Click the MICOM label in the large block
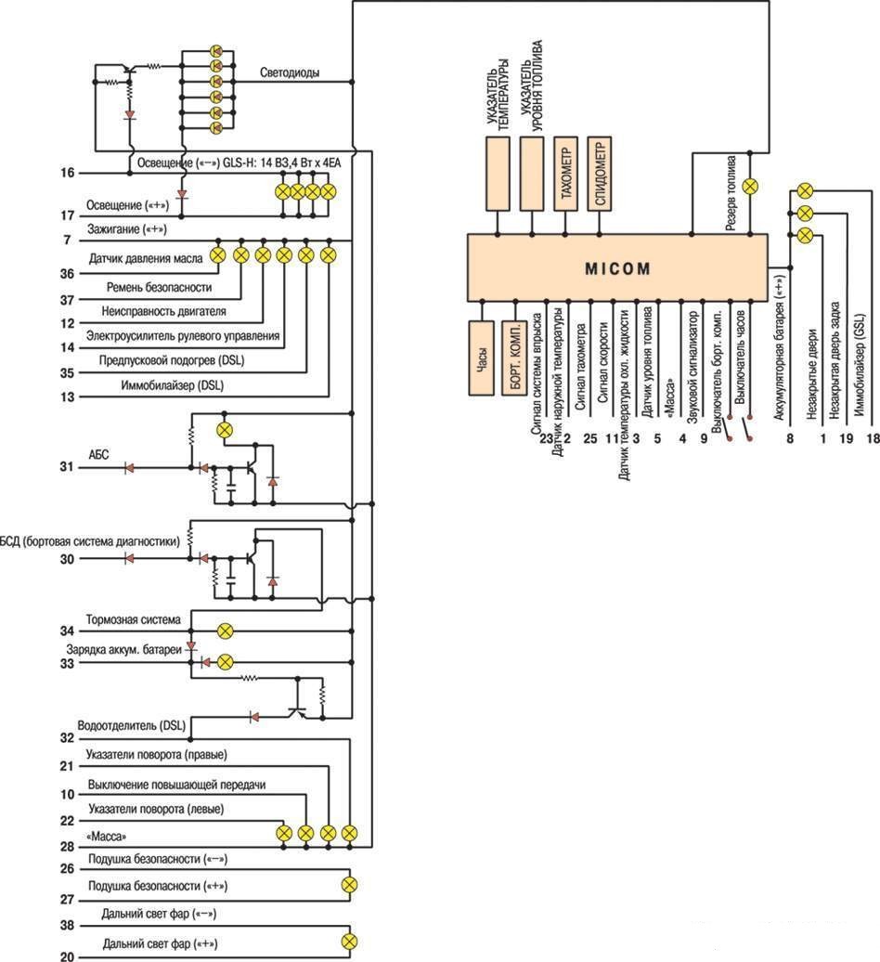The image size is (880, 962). pyautogui.click(x=617, y=268)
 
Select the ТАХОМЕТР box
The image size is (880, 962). pyautogui.click(x=565, y=174)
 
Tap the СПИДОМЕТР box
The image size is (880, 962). pyautogui.click(x=599, y=174)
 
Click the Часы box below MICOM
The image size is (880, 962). pyautogui.click(x=482, y=357)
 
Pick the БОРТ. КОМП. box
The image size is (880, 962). pyautogui.click(x=514, y=357)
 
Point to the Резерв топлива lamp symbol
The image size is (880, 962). pyautogui.click(x=749, y=187)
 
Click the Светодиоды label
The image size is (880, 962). pyautogui.click(x=290, y=72)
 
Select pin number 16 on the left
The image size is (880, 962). pyautogui.click(x=67, y=173)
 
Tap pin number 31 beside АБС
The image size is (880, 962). pyautogui.click(x=67, y=467)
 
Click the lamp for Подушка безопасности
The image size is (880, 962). pyautogui.click(x=349, y=885)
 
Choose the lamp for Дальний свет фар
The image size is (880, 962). pyautogui.click(x=349, y=942)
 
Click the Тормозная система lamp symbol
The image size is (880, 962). pyautogui.click(x=225, y=630)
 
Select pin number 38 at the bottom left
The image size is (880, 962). pyautogui.click(x=67, y=925)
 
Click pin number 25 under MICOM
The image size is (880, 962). pyautogui.click(x=590, y=438)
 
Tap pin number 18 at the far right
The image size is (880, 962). pyautogui.click(x=872, y=438)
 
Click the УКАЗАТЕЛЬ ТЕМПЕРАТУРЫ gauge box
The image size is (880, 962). pyautogui.click(x=498, y=174)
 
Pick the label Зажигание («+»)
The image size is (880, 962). pyautogui.click(x=127, y=228)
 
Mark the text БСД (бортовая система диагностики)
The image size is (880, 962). pyautogui.click(x=89, y=541)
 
